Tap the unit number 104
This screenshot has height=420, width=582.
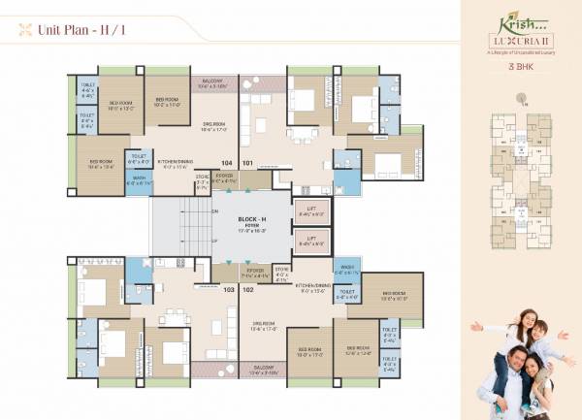pyautogui.click(x=227, y=163)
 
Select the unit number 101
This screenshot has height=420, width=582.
pyautogui.click(x=248, y=163)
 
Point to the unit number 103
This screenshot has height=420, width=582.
pyautogui.click(x=229, y=289)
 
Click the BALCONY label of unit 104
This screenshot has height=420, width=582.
pyautogui.click(x=213, y=84)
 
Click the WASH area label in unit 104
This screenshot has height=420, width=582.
pyautogui.click(x=140, y=180)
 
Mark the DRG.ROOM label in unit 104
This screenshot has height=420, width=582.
pyautogui.click(x=214, y=126)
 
